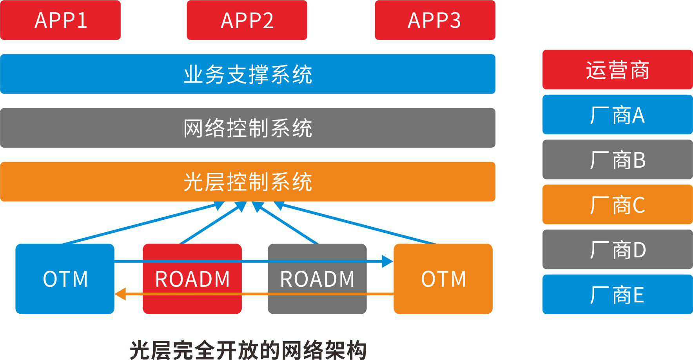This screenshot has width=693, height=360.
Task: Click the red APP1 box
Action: click(60, 20)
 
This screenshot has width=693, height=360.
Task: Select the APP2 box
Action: click(247, 20)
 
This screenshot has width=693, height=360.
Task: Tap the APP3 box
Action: click(435, 20)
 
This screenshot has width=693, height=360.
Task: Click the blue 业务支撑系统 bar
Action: click(248, 74)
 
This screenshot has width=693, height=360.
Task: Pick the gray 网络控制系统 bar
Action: click(248, 128)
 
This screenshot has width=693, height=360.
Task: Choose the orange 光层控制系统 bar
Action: click(248, 182)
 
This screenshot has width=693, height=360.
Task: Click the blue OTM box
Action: click(65, 279)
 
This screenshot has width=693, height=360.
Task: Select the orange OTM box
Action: click(443, 279)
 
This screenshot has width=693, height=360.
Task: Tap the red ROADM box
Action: click(192, 279)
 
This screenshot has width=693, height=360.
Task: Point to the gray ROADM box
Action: click(317, 279)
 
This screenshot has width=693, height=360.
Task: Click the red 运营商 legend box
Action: click(617, 70)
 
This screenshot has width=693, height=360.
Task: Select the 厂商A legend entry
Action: click(617, 115)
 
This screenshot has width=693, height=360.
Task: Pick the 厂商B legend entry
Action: click(617, 159)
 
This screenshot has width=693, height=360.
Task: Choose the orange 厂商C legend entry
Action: click(617, 204)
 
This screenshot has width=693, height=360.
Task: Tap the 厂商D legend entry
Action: click(617, 250)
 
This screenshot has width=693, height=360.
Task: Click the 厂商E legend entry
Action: click(617, 295)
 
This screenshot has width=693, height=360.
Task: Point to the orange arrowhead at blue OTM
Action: click(120, 294)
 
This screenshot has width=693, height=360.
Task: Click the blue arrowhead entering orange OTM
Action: click(388, 261)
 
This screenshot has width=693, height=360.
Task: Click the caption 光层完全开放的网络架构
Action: click(248, 350)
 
